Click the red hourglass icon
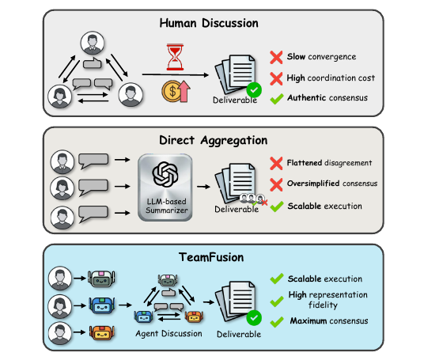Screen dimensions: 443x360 [175, 57]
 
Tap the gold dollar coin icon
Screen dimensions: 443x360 [171, 91]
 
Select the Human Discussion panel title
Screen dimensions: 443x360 [209, 23]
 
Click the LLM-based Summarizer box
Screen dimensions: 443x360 [165, 188]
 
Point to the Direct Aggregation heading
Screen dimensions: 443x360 [213, 140]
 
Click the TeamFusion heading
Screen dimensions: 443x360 [211, 257]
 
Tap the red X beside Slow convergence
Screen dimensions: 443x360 [276, 57]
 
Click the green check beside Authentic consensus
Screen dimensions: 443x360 [277, 99]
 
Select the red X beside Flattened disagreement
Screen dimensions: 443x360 [276, 164]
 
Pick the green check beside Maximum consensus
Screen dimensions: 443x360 [277, 322]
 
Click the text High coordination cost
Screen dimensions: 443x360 [331, 78]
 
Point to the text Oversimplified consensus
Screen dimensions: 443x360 [332, 184]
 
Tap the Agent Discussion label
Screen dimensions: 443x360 [168, 333]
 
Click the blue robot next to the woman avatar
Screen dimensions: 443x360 [102, 305]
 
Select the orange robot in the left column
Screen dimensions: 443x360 [102, 332]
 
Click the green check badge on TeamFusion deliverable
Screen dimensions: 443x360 [254, 318]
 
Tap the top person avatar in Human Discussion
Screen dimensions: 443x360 [93, 43]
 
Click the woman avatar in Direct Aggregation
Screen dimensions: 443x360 [62, 188]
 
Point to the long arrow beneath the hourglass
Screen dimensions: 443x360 [176, 75]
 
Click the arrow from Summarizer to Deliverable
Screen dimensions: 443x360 [203, 187]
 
